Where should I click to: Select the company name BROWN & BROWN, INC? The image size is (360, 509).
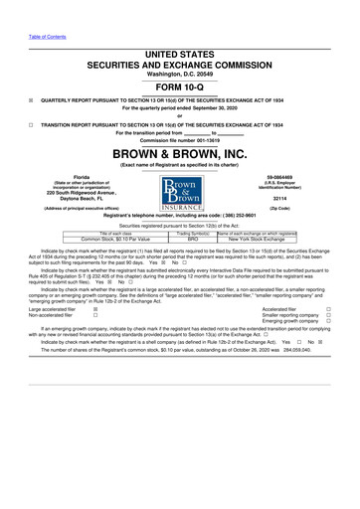coord(179,156)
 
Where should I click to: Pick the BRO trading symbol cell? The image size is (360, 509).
coord(194,240)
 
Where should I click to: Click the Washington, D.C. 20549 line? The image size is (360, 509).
coord(179,72)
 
